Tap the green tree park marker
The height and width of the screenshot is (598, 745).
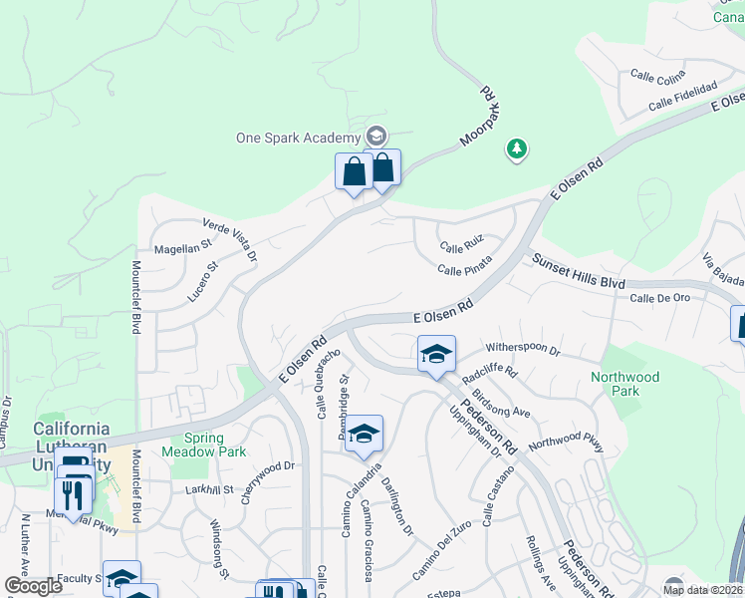516,149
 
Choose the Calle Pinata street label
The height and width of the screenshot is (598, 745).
465,269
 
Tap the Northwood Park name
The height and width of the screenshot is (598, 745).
624,385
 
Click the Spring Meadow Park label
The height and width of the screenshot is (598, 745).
215,445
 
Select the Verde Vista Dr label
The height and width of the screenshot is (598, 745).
229,240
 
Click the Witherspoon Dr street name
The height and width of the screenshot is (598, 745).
523,352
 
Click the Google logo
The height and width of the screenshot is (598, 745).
33,586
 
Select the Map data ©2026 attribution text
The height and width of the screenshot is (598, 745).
702,590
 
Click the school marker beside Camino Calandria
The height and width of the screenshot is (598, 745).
365,435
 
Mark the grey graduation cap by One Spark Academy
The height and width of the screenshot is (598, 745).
375,136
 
